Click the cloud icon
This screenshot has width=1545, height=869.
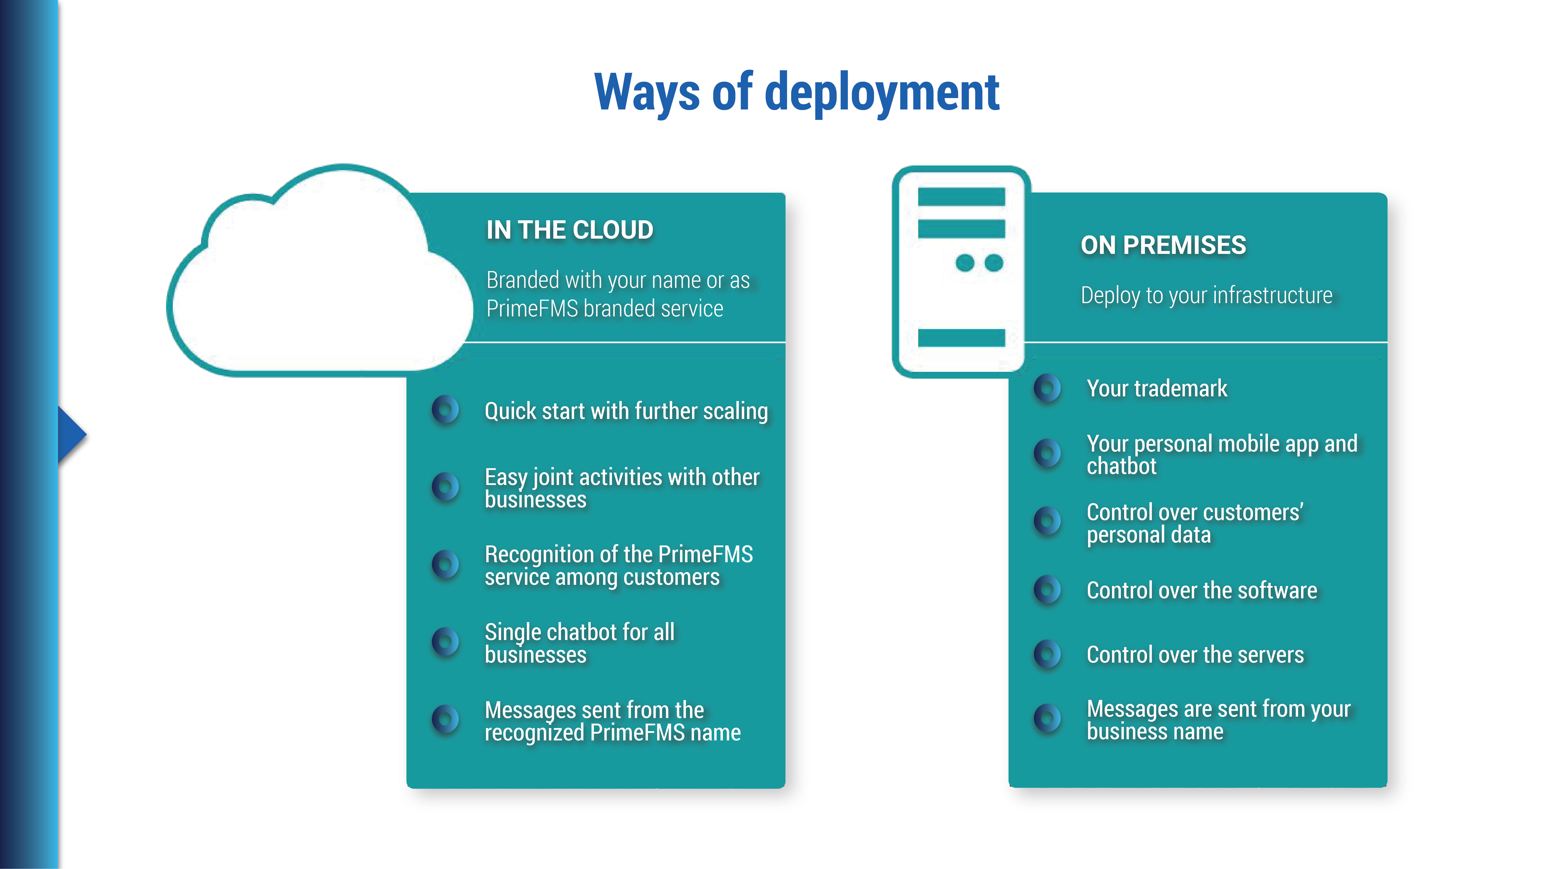[318, 282]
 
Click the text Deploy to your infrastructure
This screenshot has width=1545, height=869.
[1206, 296]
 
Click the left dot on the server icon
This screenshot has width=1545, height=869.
[964, 263]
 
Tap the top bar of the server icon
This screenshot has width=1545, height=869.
[961, 197]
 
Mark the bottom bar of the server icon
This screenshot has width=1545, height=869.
[961, 338]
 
